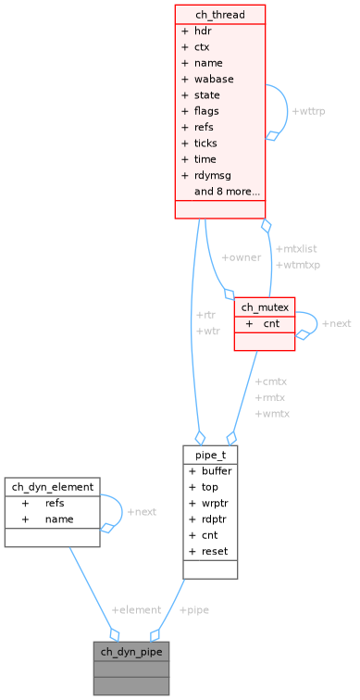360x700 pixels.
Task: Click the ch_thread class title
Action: pos(219,15)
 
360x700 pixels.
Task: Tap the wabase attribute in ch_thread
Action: pos(213,79)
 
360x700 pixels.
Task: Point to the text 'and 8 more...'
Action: pos(226,192)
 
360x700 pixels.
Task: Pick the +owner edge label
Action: pos(240,256)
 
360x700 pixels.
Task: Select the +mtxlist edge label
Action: pos(297,249)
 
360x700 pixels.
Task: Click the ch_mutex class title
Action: pos(264,306)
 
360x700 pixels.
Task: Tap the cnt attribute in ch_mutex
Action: pos(271,324)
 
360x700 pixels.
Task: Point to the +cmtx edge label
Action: pos(270,381)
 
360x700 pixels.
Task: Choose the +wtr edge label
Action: pos(207,331)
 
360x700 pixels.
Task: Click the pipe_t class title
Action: pos(210,455)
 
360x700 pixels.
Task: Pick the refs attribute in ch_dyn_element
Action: pos(55,503)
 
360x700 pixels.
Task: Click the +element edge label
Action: pos(136,610)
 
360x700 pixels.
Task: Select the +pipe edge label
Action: pos(195,610)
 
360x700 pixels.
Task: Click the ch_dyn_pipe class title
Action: pos(130,652)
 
